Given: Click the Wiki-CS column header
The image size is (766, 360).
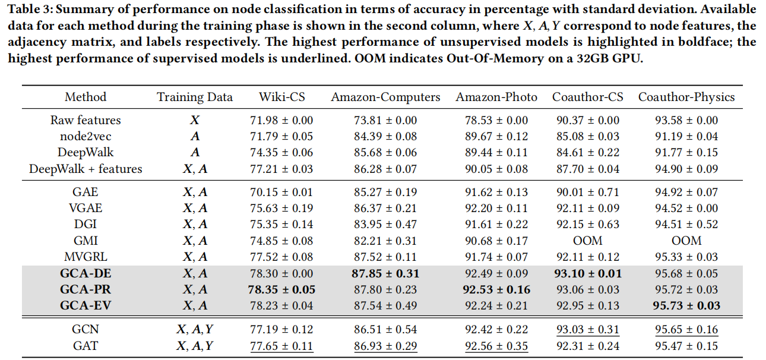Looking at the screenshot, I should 281,97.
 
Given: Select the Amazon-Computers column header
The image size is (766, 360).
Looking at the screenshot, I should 386,97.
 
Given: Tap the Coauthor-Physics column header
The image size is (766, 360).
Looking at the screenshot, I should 686,97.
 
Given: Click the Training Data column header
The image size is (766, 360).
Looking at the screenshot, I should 195,97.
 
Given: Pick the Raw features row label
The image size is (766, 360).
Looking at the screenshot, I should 86,120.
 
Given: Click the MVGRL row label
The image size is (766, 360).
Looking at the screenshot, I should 86,257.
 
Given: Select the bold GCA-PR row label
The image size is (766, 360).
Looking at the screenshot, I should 86,289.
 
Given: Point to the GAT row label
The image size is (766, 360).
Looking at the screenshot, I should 86,346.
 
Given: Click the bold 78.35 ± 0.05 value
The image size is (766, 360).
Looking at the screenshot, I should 281,289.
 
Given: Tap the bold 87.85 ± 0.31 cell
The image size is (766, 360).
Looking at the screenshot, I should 386,273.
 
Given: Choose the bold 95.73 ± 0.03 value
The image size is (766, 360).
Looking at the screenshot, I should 686,305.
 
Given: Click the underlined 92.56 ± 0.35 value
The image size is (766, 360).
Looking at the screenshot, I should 496,346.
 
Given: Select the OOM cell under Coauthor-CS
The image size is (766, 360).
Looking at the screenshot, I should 588,241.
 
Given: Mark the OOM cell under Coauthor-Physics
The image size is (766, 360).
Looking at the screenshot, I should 686,241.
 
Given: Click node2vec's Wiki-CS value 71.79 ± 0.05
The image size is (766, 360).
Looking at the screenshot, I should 281,136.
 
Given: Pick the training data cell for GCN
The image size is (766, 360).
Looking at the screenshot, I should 195,330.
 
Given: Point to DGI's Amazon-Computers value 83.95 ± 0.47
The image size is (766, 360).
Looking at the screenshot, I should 386,225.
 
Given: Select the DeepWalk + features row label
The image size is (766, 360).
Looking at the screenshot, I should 86,169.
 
